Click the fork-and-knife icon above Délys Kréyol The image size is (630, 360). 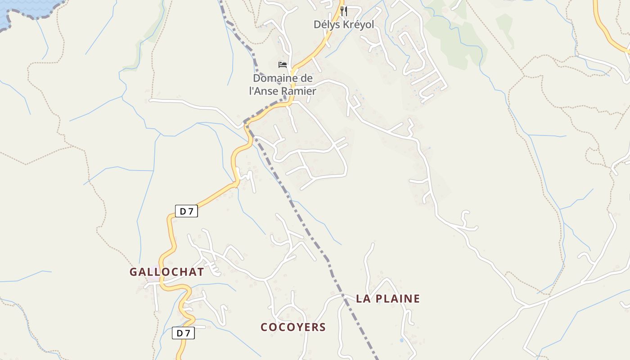point(344,11)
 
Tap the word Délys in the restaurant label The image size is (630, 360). point(327,24)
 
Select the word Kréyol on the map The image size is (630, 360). point(359,24)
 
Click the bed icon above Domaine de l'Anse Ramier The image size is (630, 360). point(283,65)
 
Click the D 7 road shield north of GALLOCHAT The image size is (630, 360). point(186,211)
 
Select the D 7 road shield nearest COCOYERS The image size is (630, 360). point(183,333)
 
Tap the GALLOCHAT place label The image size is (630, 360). point(166,272)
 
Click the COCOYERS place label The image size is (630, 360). point(293,327)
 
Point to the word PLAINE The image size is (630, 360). point(397,299)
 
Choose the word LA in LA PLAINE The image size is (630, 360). point(363,299)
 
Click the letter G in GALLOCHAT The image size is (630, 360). point(134,272)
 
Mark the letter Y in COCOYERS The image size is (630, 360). point(299,327)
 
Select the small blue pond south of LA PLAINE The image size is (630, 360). point(401,340)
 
